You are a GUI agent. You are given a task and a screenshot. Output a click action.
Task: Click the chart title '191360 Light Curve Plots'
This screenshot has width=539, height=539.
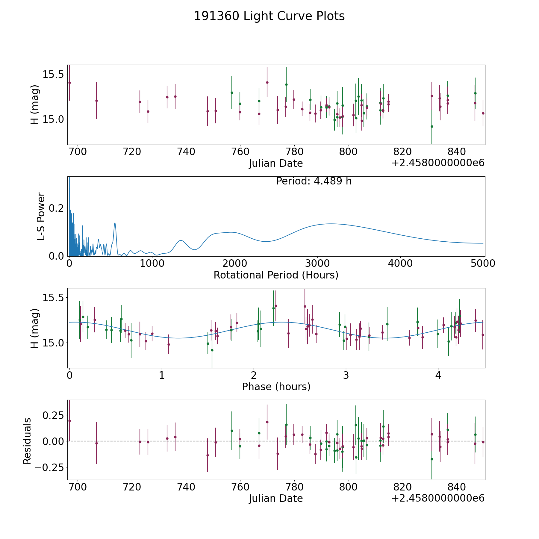[269, 16]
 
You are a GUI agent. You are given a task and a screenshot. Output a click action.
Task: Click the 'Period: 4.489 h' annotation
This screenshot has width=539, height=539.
[314, 181]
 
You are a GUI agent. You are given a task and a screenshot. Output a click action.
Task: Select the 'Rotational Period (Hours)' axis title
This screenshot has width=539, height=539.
[276, 275]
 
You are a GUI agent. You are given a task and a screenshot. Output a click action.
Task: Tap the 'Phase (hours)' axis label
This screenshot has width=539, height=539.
[276, 387]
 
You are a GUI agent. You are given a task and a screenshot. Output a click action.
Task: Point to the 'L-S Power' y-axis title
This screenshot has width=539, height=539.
[41, 216]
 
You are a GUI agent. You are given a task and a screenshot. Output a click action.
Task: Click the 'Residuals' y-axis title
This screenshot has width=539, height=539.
[27, 441]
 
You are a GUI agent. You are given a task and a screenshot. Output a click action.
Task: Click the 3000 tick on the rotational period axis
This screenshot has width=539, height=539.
[317, 264]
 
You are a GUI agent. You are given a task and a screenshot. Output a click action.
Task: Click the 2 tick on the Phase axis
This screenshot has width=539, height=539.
[254, 376]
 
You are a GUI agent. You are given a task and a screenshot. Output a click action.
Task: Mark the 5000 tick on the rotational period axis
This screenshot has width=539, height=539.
[483, 264]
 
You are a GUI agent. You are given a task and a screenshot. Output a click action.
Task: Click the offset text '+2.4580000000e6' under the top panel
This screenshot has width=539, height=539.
[438, 163]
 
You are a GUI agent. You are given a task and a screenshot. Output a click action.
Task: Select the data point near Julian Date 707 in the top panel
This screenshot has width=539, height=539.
[96, 101]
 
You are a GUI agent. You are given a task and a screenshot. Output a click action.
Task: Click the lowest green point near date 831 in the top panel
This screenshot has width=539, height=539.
[432, 126]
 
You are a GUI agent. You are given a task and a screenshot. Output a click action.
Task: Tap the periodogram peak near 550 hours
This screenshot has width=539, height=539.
[115, 223]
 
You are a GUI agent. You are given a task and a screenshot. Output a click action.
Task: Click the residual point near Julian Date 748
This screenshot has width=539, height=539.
[208, 455]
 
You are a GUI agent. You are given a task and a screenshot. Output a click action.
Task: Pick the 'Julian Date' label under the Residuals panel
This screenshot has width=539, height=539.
[276, 498]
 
